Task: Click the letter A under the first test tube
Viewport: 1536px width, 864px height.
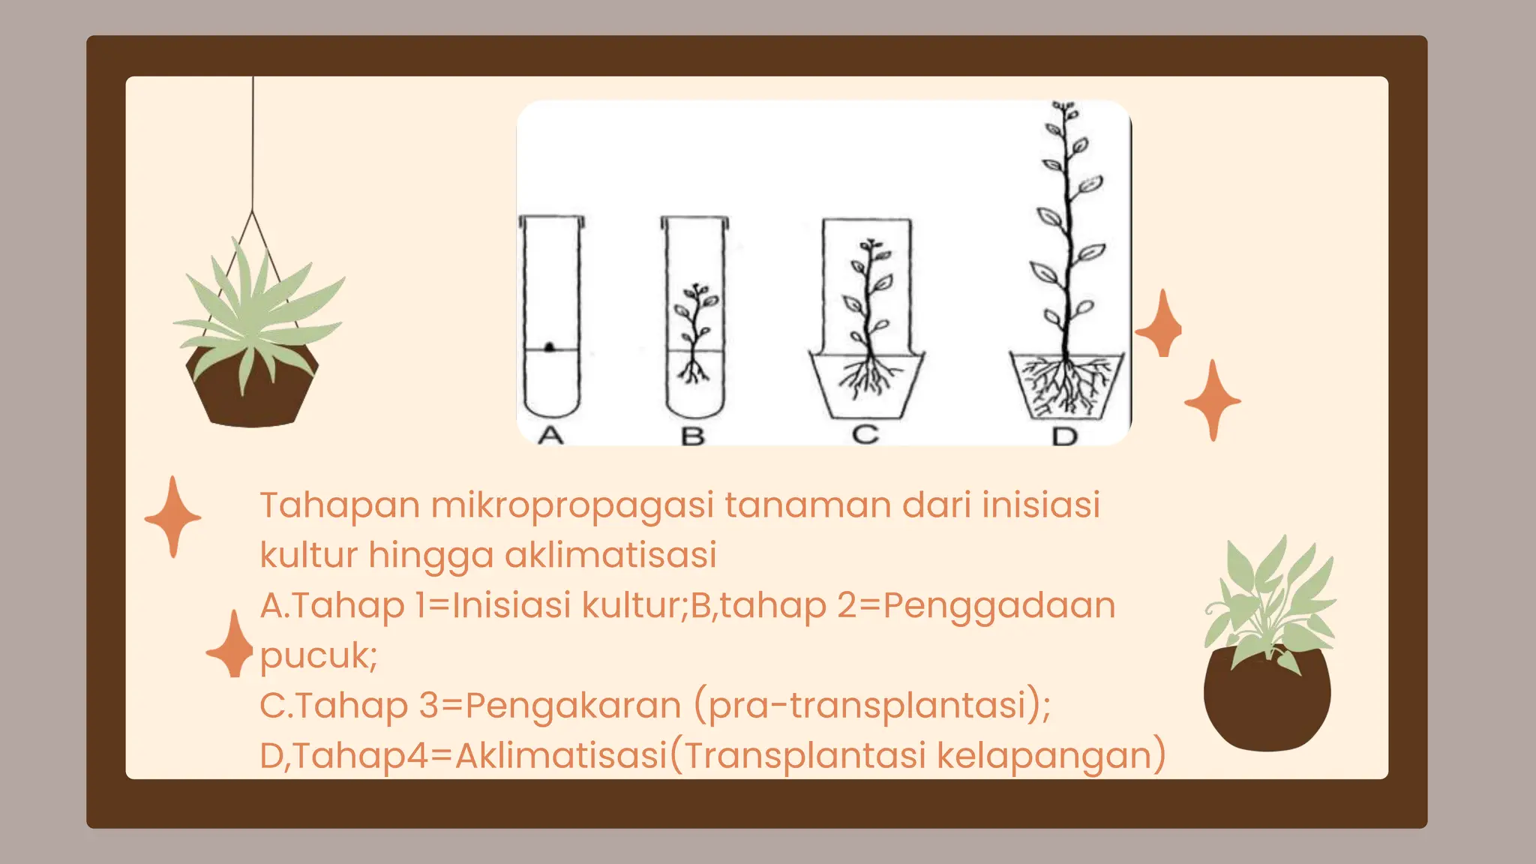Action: pyautogui.click(x=551, y=435)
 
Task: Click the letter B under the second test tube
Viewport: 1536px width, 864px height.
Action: pyautogui.click(x=693, y=436)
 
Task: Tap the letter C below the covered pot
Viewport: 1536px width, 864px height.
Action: pyautogui.click(x=865, y=434)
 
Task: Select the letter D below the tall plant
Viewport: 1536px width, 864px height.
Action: pyautogui.click(x=1064, y=436)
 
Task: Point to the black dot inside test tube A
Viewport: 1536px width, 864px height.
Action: pyautogui.click(x=550, y=346)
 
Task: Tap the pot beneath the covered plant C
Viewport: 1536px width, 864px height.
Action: pyautogui.click(x=867, y=386)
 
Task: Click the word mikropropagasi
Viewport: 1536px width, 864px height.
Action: pyautogui.click(x=571, y=505)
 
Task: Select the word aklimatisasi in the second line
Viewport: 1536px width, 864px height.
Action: pyautogui.click(x=610, y=555)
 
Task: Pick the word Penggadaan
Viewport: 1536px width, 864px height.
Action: pyautogui.click(x=999, y=605)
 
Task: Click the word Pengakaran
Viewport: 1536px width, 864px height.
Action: pyautogui.click(x=573, y=705)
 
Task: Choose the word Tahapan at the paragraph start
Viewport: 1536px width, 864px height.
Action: pyautogui.click(x=339, y=505)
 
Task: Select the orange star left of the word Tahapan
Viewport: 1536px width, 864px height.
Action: pyautogui.click(x=173, y=517)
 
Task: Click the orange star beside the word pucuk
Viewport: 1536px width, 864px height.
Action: pyautogui.click(x=233, y=646)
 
